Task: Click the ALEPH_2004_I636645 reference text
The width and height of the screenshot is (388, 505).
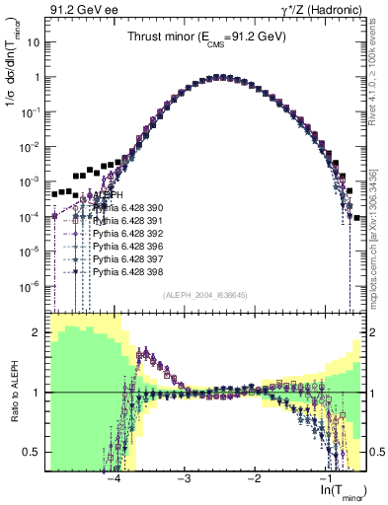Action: tap(204, 294)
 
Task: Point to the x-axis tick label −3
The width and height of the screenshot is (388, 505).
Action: tap(184, 477)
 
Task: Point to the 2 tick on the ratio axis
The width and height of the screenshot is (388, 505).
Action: tap(39, 332)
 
